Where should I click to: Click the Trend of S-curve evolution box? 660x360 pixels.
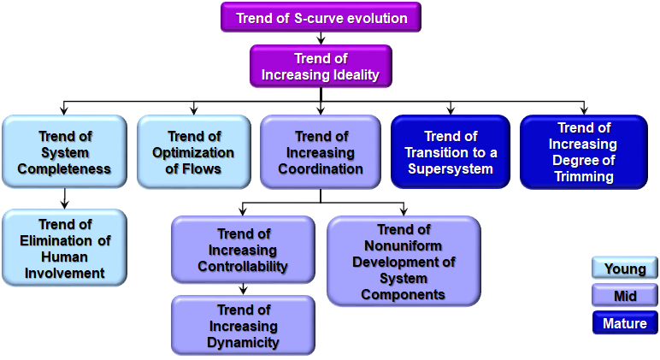(x=321, y=17)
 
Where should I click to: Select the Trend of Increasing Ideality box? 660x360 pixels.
(x=321, y=66)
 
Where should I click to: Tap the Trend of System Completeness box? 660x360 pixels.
(x=64, y=151)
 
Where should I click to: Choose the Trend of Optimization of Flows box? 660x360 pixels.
(x=193, y=151)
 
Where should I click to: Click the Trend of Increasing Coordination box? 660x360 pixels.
(x=321, y=151)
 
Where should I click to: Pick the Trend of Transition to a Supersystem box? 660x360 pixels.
(x=451, y=151)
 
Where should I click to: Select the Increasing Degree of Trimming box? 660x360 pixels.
(x=584, y=151)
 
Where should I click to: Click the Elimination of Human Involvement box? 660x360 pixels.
(x=64, y=248)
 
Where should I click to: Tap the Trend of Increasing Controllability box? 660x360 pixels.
(x=243, y=249)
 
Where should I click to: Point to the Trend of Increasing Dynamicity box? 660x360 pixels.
(x=243, y=325)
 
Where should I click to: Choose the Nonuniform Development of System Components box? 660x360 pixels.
(x=404, y=261)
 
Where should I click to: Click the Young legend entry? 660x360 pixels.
(x=625, y=269)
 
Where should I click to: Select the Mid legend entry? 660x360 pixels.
(x=625, y=295)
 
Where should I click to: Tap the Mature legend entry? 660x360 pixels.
(x=625, y=322)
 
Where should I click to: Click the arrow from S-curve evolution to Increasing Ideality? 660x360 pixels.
(x=321, y=38)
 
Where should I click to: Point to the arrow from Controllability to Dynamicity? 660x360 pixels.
(x=243, y=289)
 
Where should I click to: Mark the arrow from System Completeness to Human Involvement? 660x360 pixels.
(x=64, y=198)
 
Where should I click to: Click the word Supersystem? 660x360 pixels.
(x=451, y=168)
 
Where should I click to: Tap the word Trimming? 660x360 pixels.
(x=584, y=176)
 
